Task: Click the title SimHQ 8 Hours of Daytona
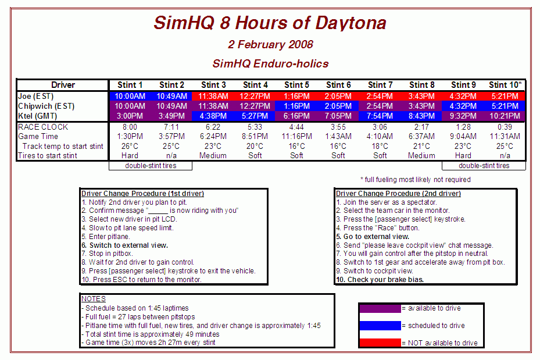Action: click(x=270, y=23)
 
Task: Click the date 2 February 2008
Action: click(x=270, y=44)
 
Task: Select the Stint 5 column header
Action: click(x=296, y=85)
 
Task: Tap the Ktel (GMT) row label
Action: click(x=38, y=116)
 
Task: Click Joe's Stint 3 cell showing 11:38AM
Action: click(x=213, y=96)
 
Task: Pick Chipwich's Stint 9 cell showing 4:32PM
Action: click(x=463, y=106)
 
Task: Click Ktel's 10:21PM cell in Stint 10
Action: click(x=505, y=116)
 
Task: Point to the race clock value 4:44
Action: click(x=296, y=127)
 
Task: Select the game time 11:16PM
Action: click(x=296, y=137)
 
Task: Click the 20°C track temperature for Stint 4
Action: click(x=255, y=146)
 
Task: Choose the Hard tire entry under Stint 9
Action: click(x=463, y=156)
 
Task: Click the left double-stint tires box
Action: click(x=151, y=166)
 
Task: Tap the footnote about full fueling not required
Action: click(x=416, y=180)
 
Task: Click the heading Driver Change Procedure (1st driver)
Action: click(x=142, y=194)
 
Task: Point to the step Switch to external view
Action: click(x=124, y=245)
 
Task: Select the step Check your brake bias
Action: click(x=380, y=279)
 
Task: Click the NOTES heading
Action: click(x=94, y=299)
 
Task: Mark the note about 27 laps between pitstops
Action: click(x=138, y=316)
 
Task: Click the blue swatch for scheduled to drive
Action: click(x=380, y=325)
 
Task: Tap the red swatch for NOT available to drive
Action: click(x=380, y=343)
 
